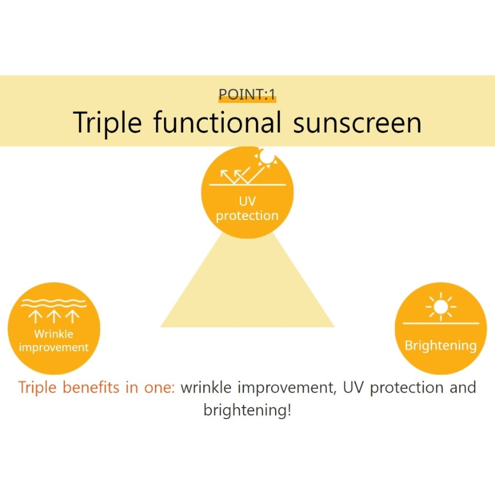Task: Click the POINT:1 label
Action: click(247, 95)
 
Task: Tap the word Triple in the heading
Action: click(107, 122)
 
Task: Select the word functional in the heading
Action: click(217, 122)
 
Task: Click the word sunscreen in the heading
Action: click(358, 122)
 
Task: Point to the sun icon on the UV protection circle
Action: click(267, 158)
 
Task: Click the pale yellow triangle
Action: click(247, 291)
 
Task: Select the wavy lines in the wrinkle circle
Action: click(54, 302)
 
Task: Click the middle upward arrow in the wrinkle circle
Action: click(54, 316)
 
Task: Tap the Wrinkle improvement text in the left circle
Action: click(54, 340)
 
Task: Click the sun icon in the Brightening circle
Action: click(441, 306)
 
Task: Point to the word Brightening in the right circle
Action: click(441, 346)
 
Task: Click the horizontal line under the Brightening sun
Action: click(441, 323)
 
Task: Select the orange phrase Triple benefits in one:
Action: click(96, 387)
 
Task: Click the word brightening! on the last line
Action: click(247, 410)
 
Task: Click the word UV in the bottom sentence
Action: click(354, 387)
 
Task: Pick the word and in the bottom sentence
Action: click(463, 387)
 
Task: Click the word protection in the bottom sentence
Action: click(406, 387)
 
